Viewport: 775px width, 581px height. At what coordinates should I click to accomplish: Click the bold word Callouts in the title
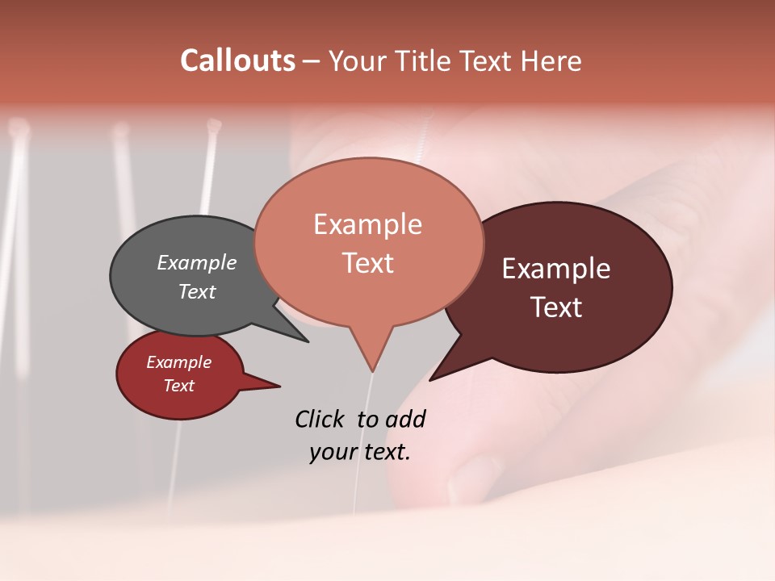pyautogui.click(x=237, y=61)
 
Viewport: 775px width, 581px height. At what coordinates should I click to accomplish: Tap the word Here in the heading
pyautogui.click(x=551, y=61)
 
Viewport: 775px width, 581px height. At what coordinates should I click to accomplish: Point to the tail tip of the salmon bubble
pyautogui.click(x=372, y=370)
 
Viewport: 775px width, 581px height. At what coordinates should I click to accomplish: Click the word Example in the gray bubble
pyautogui.click(x=196, y=262)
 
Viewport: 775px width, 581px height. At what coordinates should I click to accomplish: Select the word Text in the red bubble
pyautogui.click(x=178, y=386)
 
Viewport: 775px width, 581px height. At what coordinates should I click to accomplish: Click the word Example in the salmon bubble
pyautogui.click(x=367, y=224)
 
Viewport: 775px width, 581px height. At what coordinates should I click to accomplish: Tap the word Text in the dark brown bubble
pyautogui.click(x=557, y=307)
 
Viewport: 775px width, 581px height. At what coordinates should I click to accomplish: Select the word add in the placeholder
pyautogui.click(x=404, y=419)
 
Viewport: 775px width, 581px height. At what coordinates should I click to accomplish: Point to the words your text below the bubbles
pyautogui.click(x=359, y=452)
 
